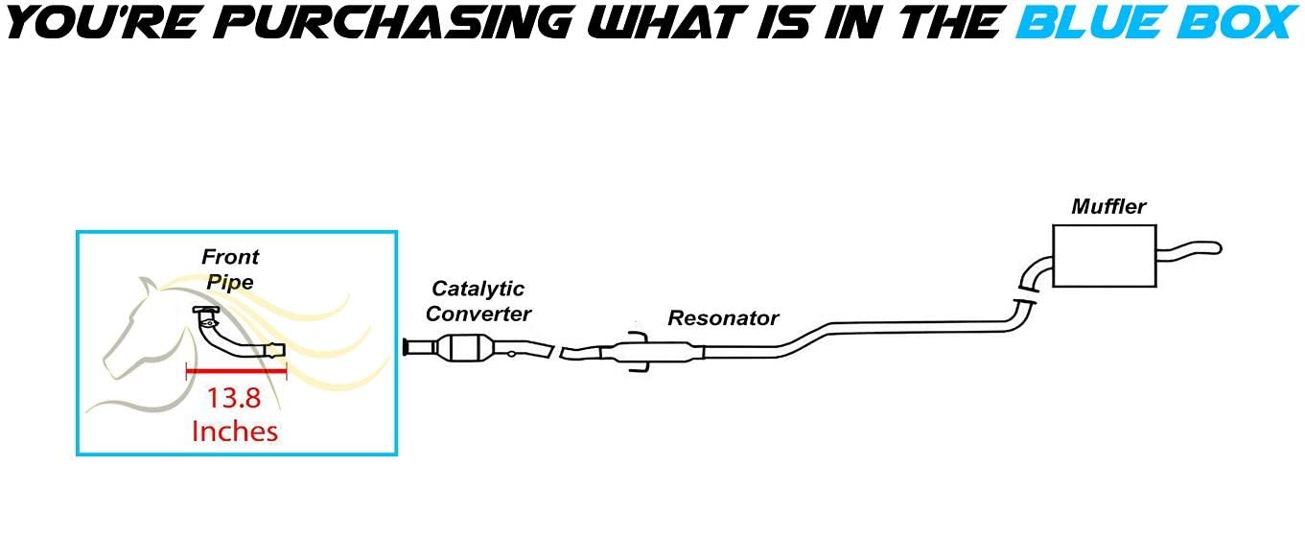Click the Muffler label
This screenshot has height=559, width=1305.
(x=1108, y=206)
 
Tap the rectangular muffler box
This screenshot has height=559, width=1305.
(x=1103, y=256)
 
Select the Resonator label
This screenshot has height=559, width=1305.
(x=723, y=318)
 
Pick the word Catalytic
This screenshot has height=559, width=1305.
(x=478, y=289)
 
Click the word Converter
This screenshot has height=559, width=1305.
(x=478, y=314)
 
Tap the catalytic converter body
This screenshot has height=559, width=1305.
(x=464, y=346)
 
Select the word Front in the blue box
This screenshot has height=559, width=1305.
(x=230, y=257)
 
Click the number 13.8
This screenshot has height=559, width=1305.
(x=236, y=397)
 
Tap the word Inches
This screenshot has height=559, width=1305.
(x=235, y=431)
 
